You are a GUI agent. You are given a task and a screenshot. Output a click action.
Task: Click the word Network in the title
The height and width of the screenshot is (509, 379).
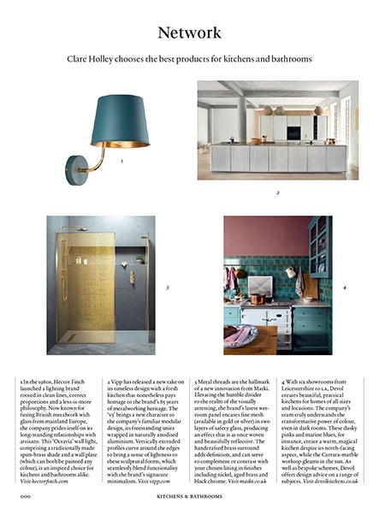(x=189, y=33)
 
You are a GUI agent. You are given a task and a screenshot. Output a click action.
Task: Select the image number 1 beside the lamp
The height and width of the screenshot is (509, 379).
(x=121, y=160)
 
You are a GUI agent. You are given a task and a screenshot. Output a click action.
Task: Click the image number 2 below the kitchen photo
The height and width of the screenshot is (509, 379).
(x=278, y=192)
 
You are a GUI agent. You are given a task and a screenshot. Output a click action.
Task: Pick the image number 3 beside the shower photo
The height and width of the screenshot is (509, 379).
(x=167, y=288)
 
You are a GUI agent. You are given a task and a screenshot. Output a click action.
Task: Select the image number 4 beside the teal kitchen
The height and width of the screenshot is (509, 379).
(x=344, y=288)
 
